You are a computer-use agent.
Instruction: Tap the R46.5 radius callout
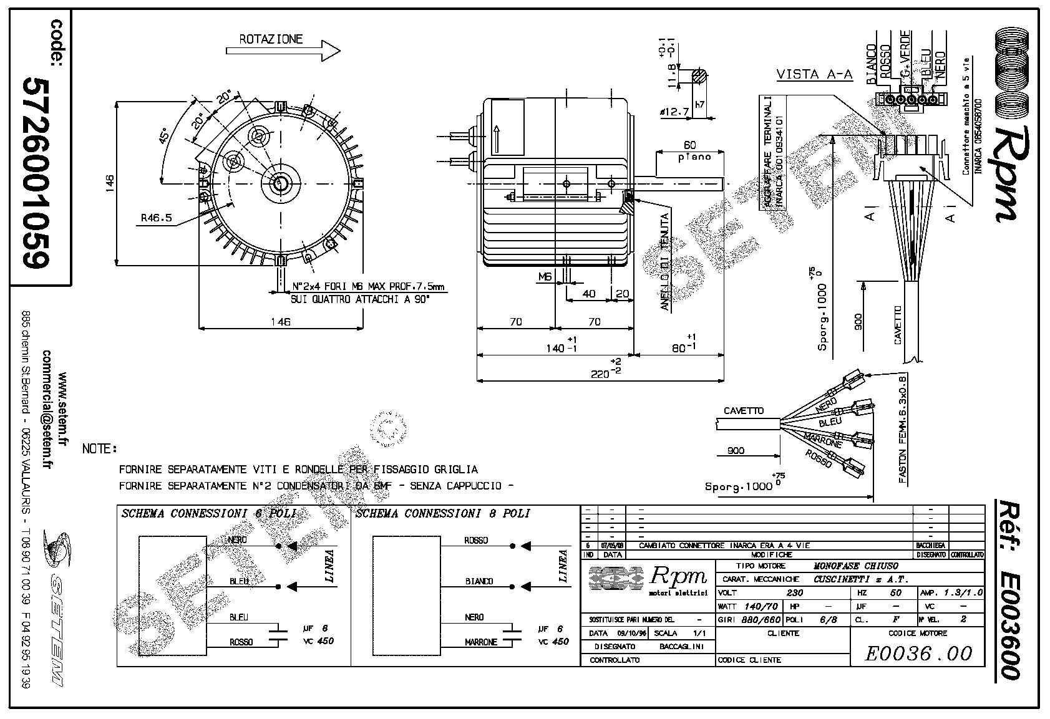pyautogui.click(x=155, y=218)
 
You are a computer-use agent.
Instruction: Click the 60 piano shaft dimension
pyautogui.click(x=689, y=145)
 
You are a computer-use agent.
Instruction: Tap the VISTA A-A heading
pyautogui.click(x=814, y=75)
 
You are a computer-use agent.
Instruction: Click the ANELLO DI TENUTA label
pyautogui.click(x=666, y=262)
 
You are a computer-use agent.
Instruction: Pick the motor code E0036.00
pyautogui.click(x=918, y=653)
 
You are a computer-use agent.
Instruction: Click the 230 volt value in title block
pyautogui.click(x=794, y=593)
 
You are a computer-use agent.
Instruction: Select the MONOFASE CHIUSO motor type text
pyautogui.click(x=856, y=566)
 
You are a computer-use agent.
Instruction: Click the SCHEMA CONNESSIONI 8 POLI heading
pyautogui.click(x=442, y=514)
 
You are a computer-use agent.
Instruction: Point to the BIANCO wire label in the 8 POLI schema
pyautogui.click(x=479, y=581)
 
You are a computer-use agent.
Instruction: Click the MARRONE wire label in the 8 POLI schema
pyautogui.click(x=480, y=642)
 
